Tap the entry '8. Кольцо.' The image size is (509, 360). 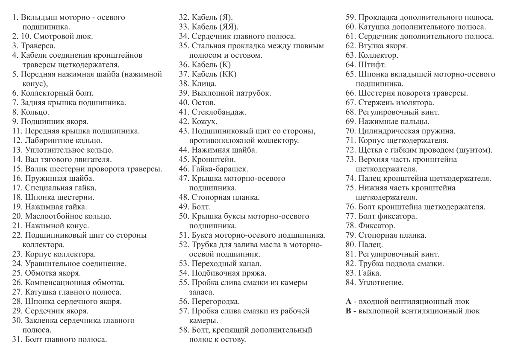pos(30,112)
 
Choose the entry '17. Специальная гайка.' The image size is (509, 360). pos(54,187)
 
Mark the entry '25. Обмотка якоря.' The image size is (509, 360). pos(47,273)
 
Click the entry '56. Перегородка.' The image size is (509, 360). pos(209,301)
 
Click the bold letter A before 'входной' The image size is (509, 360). pos(348,301)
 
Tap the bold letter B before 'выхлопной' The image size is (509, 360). pos(348,311)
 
